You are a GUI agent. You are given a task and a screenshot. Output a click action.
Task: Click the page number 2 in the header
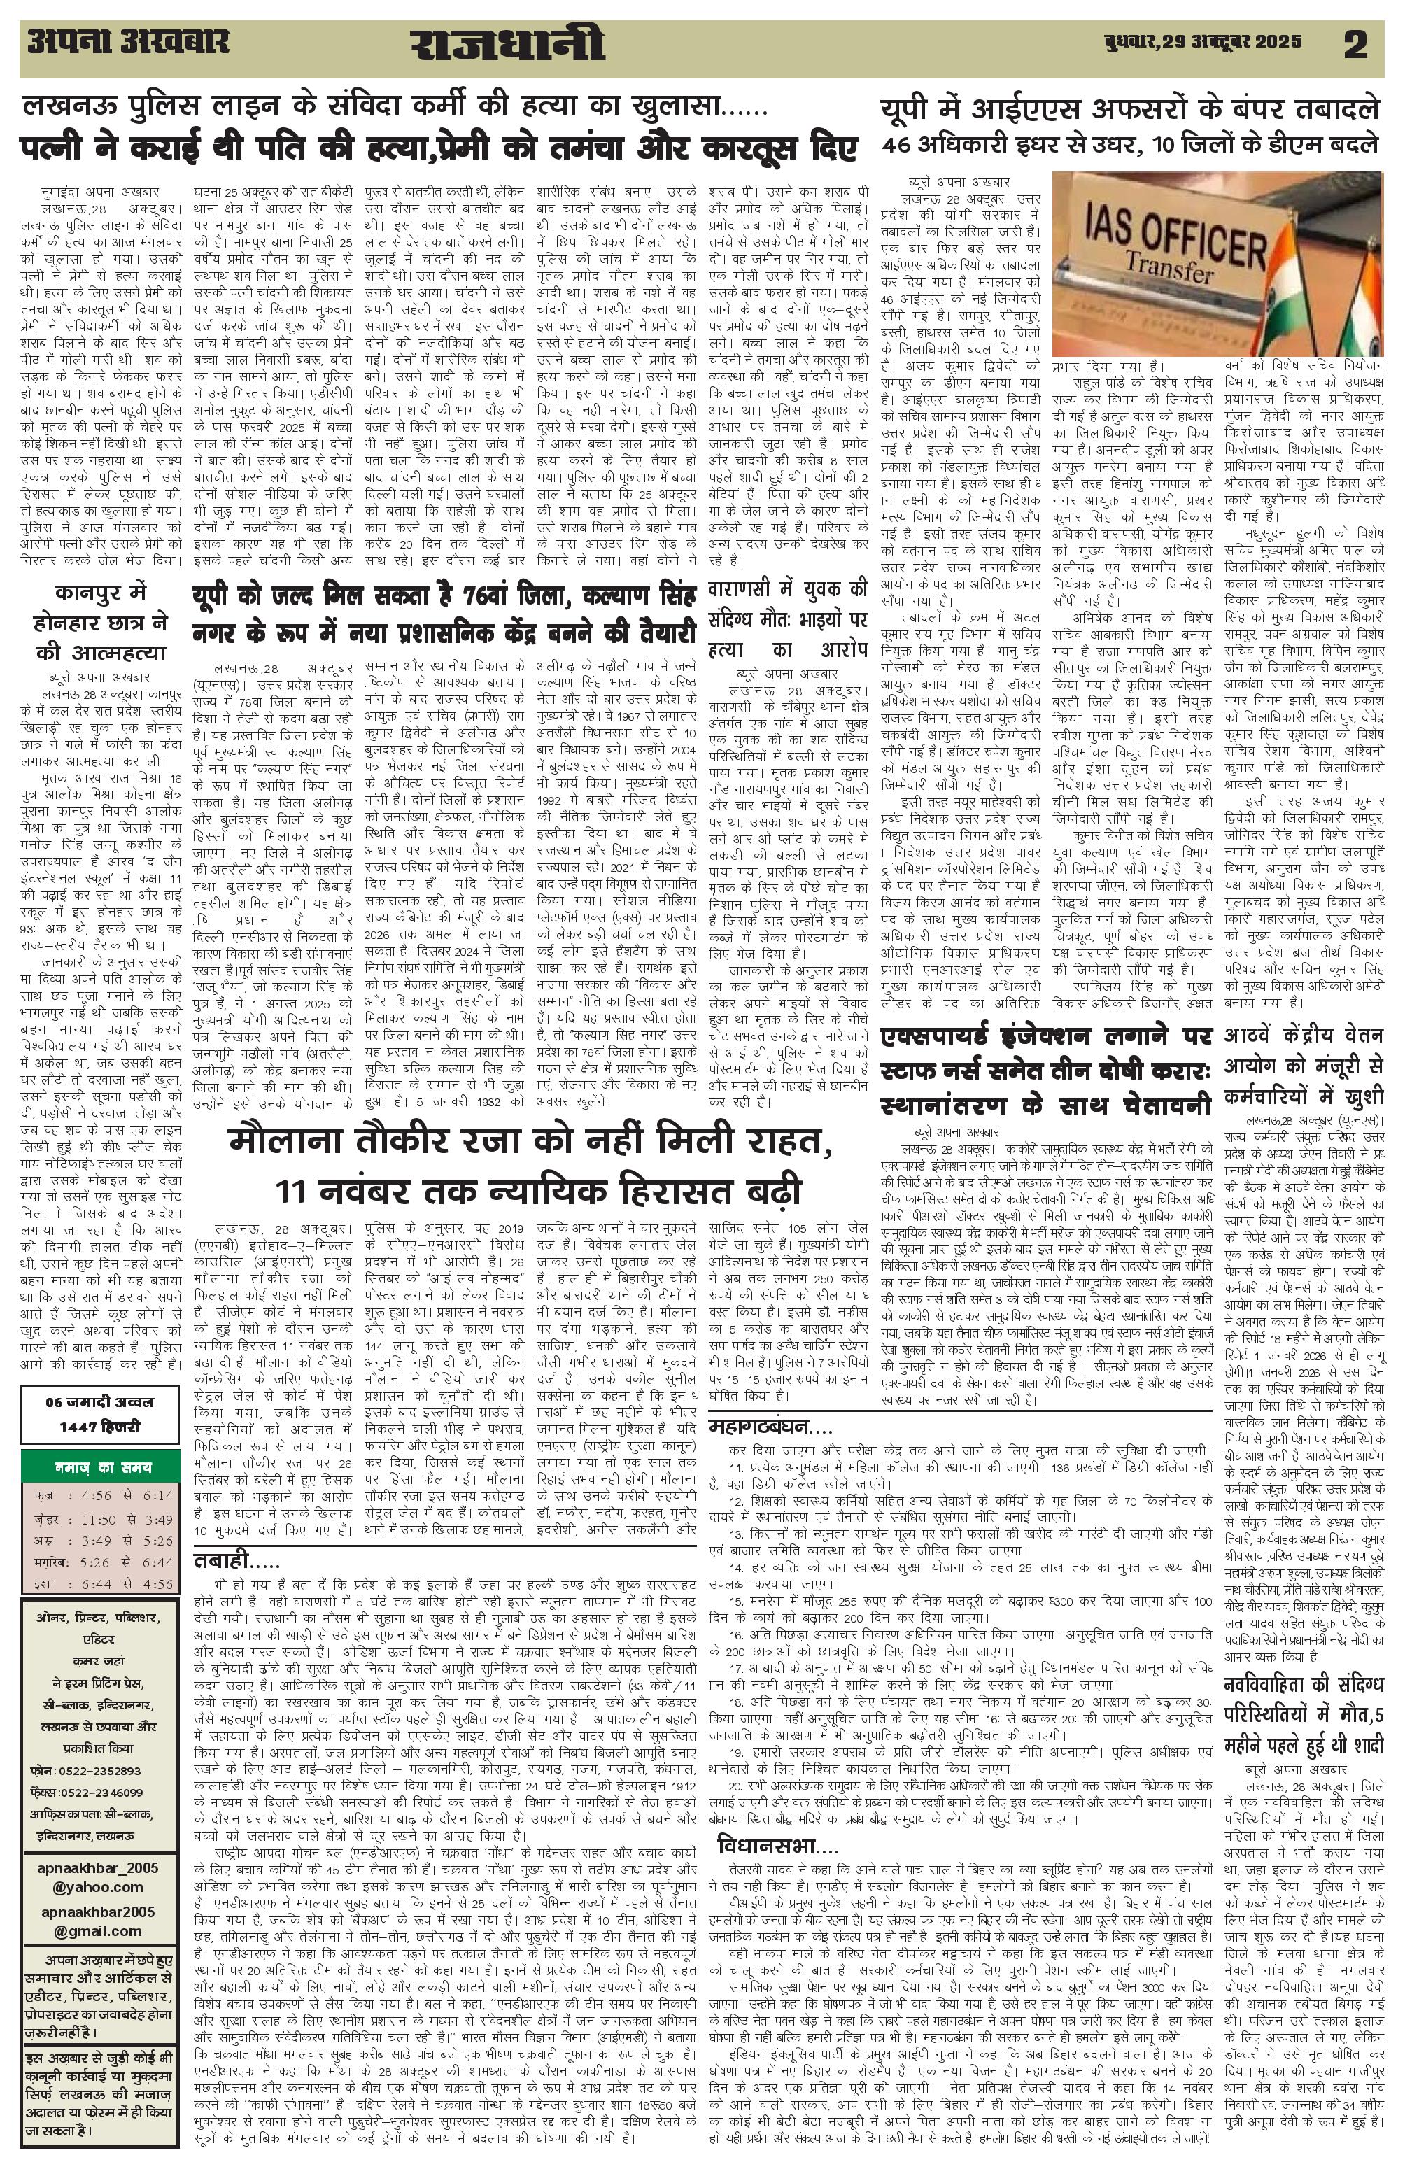(1356, 45)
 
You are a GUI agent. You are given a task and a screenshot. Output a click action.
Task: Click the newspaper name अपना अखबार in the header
(127, 42)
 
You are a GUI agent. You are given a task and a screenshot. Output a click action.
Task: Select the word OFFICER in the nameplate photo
(1194, 238)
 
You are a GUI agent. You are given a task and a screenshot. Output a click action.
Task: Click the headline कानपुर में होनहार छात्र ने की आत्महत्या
(100, 623)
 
